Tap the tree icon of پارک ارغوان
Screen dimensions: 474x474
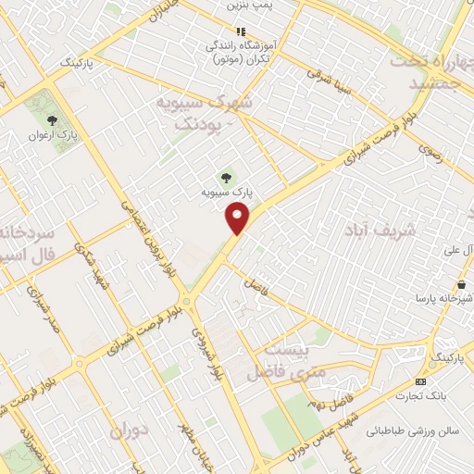tap(52, 119)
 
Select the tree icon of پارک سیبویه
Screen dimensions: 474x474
tap(226, 176)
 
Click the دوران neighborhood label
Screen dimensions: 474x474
tap(129, 431)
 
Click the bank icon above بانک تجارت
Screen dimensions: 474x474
tap(421, 381)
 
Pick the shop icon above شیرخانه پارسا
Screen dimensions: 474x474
tap(460, 283)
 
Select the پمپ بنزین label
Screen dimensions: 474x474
tap(251, 6)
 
